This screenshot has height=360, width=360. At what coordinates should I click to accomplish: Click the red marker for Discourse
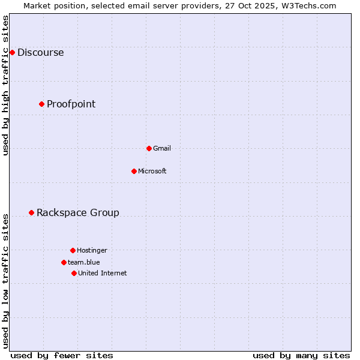12,52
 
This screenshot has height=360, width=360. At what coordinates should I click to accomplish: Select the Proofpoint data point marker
41,104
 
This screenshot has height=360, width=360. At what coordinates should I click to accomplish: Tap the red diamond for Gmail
149,148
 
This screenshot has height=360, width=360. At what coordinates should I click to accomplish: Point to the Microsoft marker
134,171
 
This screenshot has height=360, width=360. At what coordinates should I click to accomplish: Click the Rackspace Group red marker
31,212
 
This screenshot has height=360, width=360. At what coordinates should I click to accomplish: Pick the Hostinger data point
73,250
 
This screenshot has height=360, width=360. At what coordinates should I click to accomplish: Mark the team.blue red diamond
64,262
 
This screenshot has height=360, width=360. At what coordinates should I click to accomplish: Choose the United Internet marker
74,273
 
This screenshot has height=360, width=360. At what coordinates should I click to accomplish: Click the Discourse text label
40,52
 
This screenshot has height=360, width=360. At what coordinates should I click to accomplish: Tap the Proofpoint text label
71,104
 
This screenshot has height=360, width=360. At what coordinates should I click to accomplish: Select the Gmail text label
162,148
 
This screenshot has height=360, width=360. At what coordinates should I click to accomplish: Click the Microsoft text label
152,171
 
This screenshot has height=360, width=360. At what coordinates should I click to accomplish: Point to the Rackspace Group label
78,212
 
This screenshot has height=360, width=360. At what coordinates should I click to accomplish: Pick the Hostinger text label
92,250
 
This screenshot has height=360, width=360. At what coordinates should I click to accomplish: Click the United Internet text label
103,273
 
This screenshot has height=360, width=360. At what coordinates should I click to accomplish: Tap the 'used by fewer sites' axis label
62,355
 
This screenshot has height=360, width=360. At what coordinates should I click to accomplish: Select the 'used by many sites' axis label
301,355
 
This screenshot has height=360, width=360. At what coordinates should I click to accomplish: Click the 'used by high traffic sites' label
6,85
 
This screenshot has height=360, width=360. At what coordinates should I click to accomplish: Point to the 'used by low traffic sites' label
6,280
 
